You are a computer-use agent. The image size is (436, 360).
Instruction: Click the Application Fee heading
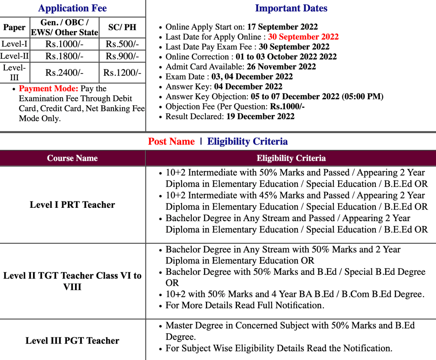72,8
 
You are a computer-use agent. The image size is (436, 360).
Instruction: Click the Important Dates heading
291,8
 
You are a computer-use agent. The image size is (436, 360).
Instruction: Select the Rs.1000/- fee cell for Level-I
64,44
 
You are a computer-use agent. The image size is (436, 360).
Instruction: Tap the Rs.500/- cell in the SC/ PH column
122,44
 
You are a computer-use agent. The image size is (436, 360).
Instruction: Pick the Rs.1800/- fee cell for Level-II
64,56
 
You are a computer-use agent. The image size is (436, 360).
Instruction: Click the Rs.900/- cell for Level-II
122,56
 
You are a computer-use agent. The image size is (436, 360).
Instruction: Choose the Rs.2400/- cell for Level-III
64,73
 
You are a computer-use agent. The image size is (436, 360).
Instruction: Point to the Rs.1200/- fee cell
122,73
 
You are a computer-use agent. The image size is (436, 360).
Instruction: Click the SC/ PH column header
122,27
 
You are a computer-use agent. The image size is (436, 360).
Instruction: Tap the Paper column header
15,27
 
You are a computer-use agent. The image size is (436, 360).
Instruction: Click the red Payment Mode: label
48,89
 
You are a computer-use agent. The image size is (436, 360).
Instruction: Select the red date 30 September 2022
303,37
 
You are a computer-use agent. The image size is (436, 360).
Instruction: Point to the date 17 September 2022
282,27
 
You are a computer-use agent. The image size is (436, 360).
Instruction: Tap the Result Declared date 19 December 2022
260,117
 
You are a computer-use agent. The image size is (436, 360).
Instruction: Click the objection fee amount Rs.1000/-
287,107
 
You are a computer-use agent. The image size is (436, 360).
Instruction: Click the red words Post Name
171,142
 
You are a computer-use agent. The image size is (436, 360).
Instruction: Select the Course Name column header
72,158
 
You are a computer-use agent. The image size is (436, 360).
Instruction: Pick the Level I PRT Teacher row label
72,205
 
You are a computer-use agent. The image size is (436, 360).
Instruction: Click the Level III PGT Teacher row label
72,341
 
